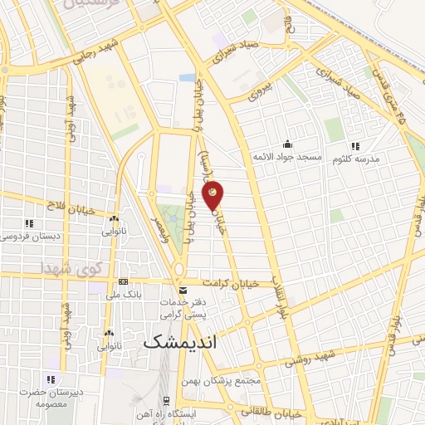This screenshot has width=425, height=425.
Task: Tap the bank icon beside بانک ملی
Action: pyautogui.click(x=124, y=282)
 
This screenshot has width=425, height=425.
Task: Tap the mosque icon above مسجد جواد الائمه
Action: pyautogui.click(x=287, y=143)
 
